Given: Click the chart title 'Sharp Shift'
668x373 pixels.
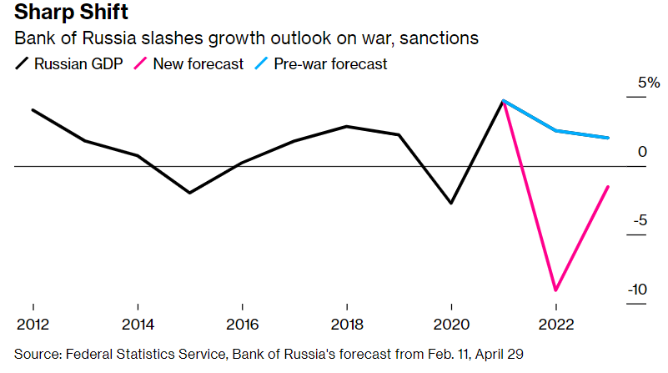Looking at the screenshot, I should [x=65, y=14].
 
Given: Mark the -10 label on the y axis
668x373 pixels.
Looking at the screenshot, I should [x=635, y=290].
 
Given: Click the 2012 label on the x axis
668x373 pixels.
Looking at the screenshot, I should [x=33, y=324].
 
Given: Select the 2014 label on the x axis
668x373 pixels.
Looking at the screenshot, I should [x=137, y=324].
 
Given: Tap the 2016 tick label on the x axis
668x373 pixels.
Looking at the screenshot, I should [x=241, y=324].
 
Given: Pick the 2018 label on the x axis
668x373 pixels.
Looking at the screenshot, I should [x=346, y=324].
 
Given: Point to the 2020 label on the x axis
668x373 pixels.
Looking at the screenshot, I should [x=450, y=324].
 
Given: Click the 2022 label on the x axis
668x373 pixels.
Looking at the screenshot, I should [x=555, y=324].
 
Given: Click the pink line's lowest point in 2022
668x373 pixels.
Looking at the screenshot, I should [x=555, y=290].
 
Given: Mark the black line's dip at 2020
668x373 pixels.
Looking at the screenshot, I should [x=451, y=203].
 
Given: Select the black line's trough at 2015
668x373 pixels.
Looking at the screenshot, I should [x=189, y=193].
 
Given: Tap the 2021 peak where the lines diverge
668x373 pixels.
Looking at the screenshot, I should [x=503, y=101].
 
